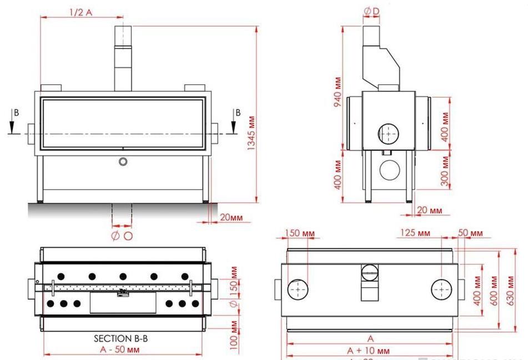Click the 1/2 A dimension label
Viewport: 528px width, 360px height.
click(x=81, y=12)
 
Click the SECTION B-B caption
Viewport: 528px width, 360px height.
click(x=120, y=338)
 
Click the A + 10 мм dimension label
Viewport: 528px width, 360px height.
click(x=368, y=351)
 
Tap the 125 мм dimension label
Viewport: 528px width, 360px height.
click(x=416, y=232)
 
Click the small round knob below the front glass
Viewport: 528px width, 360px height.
click(x=123, y=161)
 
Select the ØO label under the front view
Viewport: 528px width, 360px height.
click(x=122, y=236)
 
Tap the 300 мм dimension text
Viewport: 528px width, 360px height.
click(x=444, y=171)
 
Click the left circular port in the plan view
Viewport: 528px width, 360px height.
click(x=298, y=289)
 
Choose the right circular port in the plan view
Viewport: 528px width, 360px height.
click(x=442, y=289)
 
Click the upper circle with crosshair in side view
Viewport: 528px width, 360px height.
click(x=388, y=133)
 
